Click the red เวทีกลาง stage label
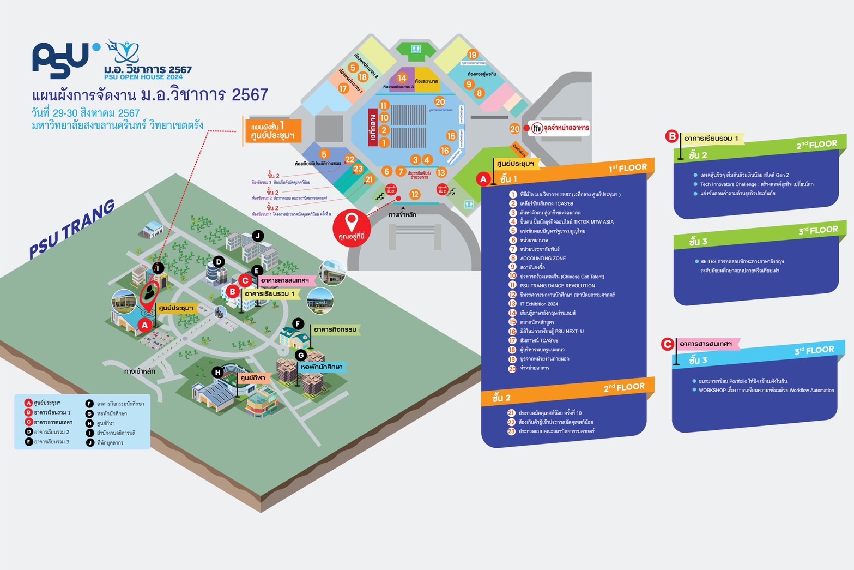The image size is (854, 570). (373, 127)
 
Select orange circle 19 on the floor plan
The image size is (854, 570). (472, 55)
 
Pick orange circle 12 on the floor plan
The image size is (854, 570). (415, 194)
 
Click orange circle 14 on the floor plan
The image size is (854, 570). (402, 78)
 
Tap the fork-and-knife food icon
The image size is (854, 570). (537, 128)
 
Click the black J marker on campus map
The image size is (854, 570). (258, 236)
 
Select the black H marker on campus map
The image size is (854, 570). (217, 372)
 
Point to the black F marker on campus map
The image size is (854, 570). (298, 323)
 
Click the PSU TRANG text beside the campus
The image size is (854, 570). (72, 229)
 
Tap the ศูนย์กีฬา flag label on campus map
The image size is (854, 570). (253, 377)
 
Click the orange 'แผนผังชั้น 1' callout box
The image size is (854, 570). (272, 131)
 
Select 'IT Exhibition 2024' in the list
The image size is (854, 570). (538, 304)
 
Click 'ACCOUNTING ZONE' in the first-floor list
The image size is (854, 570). (542, 258)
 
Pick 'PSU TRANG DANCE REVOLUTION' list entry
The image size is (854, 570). (557, 285)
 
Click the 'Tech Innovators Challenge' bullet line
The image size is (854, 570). (756, 184)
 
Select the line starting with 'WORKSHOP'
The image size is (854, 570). (766, 390)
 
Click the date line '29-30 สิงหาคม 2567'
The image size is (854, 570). (86, 113)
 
